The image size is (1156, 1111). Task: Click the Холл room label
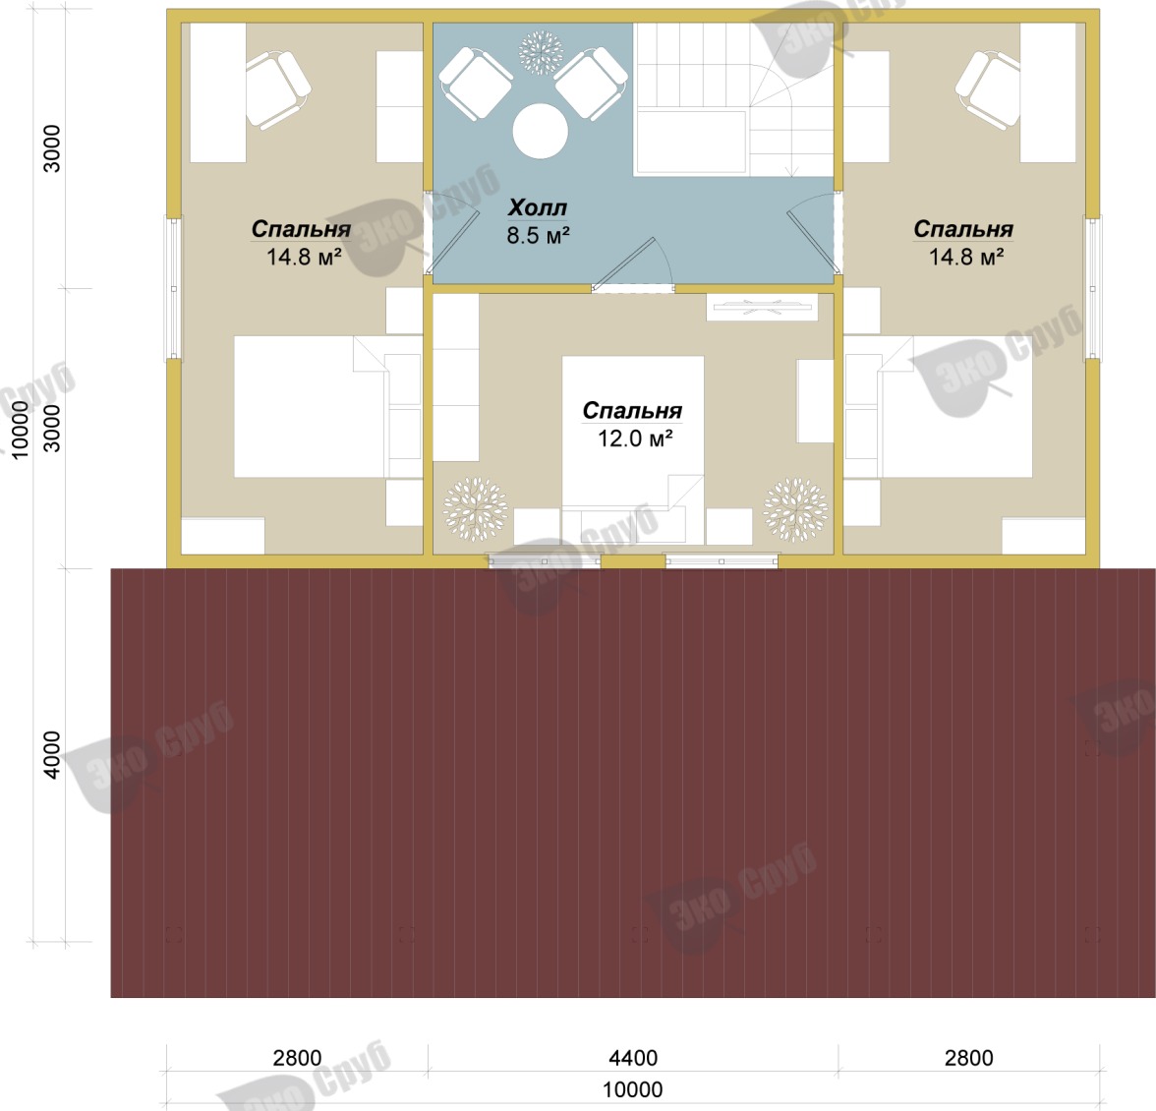pyautogui.click(x=538, y=207)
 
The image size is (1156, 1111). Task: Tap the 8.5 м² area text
pyautogui.click(x=539, y=235)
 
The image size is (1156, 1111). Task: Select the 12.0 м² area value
pyautogui.click(x=635, y=439)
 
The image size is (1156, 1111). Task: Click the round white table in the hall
pyautogui.click(x=541, y=131)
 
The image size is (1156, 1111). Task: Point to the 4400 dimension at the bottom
pyautogui.click(x=633, y=1058)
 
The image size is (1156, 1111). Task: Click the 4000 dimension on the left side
pyautogui.click(x=52, y=754)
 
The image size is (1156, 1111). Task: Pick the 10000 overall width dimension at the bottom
pyautogui.click(x=633, y=1089)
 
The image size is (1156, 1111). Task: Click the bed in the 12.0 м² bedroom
pyautogui.click(x=633, y=449)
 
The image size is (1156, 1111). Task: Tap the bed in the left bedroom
pyautogui.click(x=328, y=406)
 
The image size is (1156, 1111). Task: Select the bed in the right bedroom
pyautogui.click(x=938, y=406)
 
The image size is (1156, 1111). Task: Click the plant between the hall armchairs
pyautogui.click(x=541, y=51)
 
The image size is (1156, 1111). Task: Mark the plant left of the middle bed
pyautogui.click(x=476, y=509)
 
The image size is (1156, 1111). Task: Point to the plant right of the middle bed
pyautogui.click(x=795, y=509)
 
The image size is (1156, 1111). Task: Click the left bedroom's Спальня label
pyautogui.click(x=301, y=229)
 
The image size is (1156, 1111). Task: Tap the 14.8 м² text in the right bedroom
pyautogui.click(x=965, y=258)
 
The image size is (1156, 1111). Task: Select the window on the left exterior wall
pyautogui.click(x=174, y=288)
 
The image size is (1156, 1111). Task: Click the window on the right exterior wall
pyautogui.click(x=1092, y=288)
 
